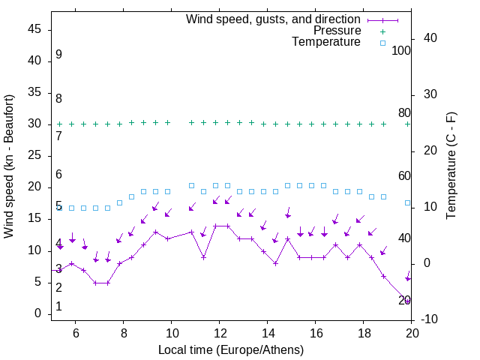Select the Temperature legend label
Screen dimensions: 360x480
tap(326, 42)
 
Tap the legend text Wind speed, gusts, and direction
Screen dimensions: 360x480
tap(274, 19)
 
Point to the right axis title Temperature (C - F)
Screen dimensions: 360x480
tap(451, 166)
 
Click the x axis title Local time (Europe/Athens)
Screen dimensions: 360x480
tap(231, 349)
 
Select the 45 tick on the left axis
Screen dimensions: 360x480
tap(35, 29)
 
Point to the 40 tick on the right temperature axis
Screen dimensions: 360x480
tap(428, 38)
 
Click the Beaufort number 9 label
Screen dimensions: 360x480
tap(58, 55)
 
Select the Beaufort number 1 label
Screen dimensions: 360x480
tap(58, 307)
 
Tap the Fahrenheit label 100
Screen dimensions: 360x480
tap(402, 50)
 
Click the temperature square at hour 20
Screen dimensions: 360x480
tap(407, 202)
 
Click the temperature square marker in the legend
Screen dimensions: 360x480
tap(382, 43)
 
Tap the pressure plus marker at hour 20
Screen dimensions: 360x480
tap(407, 124)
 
